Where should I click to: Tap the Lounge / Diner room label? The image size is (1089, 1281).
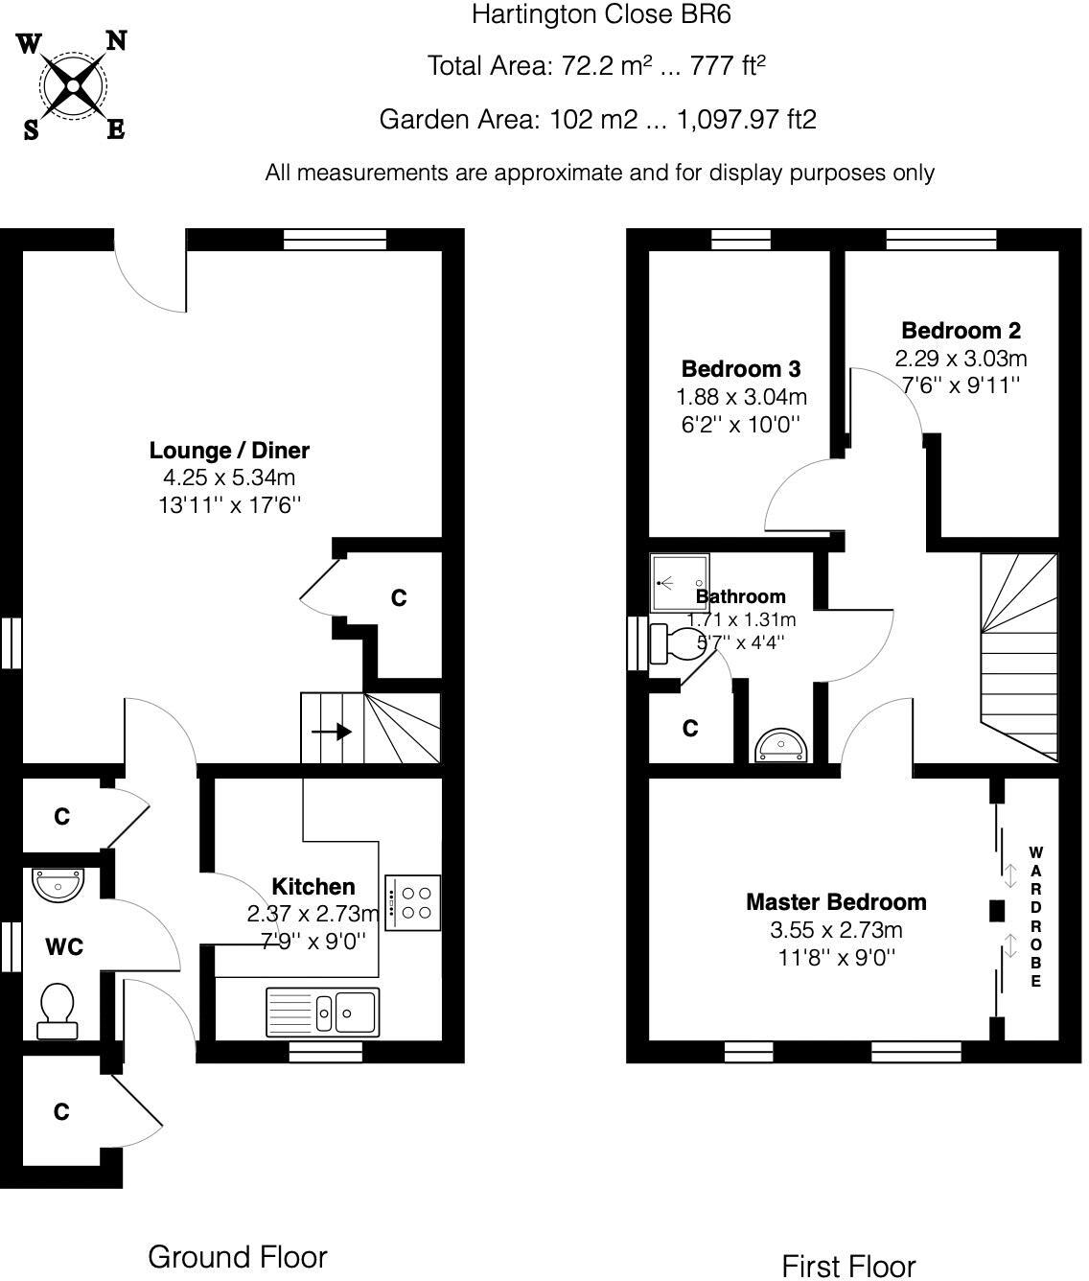pyautogui.click(x=229, y=450)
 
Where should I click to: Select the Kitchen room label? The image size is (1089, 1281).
pyautogui.click(x=313, y=886)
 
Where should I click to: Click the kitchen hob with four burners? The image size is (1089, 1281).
pyautogui.click(x=413, y=902)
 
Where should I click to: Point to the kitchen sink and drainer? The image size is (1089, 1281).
pyautogui.click(x=322, y=1011)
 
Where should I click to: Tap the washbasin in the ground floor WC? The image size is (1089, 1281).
pyautogui.click(x=59, y=883)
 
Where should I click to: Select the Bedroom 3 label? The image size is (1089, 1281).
pyautogui.click(x=740, y=368)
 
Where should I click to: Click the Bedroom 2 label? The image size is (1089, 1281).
pyautogui.click(x=961, y=331)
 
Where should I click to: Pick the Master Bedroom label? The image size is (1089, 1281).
pyautogui.click(x=836, y=901)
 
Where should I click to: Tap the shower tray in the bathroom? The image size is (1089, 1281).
pyautogui.click(x=680, y=582)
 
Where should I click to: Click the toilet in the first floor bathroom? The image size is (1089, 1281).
pyautogui.click(x=675, y=643)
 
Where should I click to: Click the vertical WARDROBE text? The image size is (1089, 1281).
pyautogui.click(x=1035, y=917)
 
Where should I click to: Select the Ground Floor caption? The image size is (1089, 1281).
pyautogui.click(x=237, y=1256)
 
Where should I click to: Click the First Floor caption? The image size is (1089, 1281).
pyautogui.click(x=848, y=1266)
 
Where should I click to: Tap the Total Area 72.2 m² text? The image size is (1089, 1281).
pyautogui.click(x=595, y=65)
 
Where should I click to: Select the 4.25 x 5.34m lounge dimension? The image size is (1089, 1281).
pyautogui.click(x=229, y=477)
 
